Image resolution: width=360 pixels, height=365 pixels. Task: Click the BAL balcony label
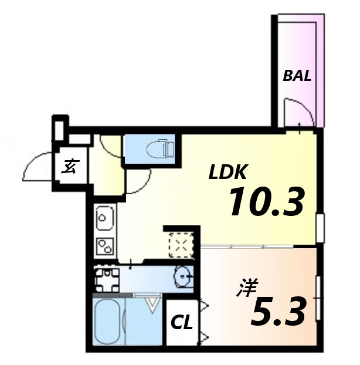(297, 76)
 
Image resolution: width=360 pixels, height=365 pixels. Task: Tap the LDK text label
(227, 172)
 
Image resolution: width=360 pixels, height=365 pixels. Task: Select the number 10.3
(267, 202)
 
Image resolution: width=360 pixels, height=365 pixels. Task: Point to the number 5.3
(278, 311)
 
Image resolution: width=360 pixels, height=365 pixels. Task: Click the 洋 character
(246, 288)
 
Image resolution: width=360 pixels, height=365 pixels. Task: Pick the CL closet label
(182, 323)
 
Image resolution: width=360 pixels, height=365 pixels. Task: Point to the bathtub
(108, 322)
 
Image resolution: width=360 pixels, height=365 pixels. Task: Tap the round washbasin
(184, 277)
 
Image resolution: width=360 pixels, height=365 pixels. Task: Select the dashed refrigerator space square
(181, 245)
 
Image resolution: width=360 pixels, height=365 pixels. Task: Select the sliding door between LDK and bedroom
(247, 246)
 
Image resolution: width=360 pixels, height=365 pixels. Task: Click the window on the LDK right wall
(321, 228)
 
